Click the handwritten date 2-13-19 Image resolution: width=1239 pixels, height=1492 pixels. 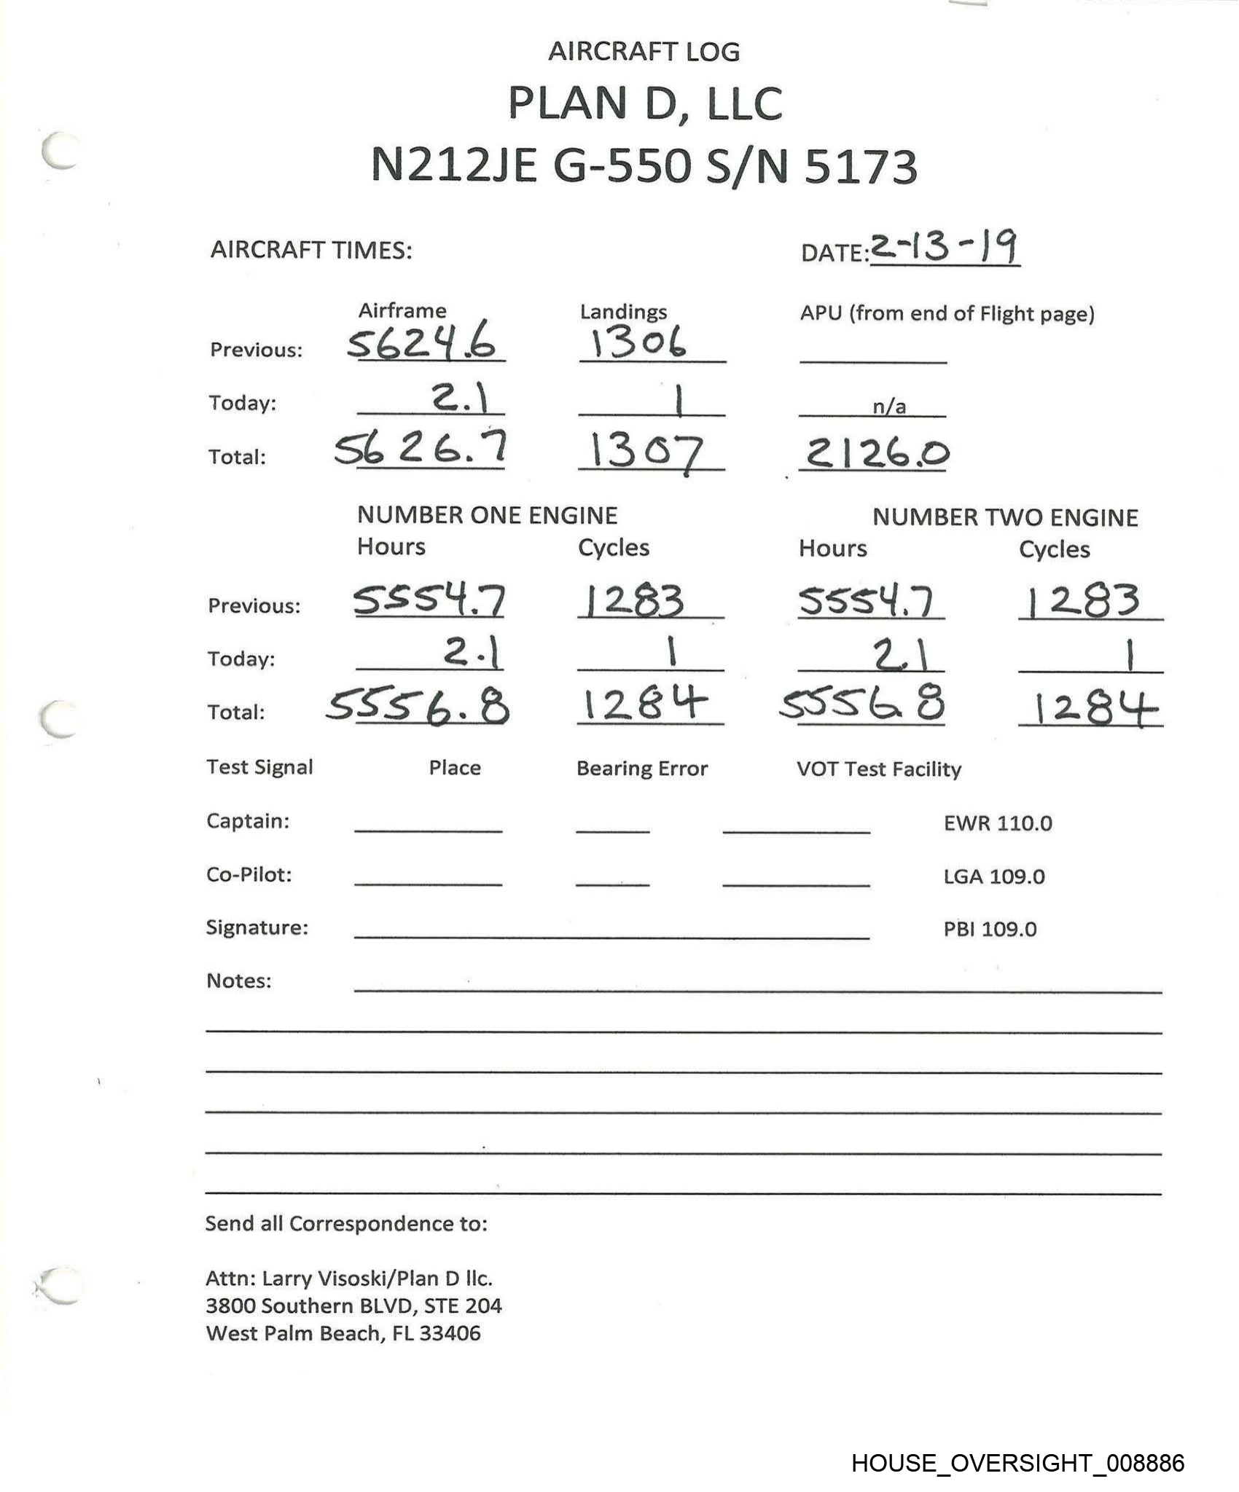click(x=945, y=248)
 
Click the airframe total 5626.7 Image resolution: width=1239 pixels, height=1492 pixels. click(x=421, y=449)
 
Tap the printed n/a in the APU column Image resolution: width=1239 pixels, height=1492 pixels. click(x=889, y=407)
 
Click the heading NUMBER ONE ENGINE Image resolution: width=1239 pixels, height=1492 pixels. click(x=487, y=515)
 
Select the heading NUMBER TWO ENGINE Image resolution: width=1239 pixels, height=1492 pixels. click(x=1005, y=517)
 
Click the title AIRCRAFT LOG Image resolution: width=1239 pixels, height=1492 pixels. click(x=644, y=52)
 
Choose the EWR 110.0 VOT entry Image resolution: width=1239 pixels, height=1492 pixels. click(x=998, y=823)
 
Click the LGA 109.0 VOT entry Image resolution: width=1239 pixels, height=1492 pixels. click(x=994, y=876)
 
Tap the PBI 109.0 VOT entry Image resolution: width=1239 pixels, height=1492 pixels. click(x=990, y=930)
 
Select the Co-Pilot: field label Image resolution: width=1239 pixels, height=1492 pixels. click(x=249, y=874)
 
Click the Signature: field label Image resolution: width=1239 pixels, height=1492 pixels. click(x=257, y=927)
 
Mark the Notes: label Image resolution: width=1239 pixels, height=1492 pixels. click(x=238, y=981)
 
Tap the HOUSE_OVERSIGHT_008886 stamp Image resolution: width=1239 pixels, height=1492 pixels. click(x=1017, y=1463)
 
